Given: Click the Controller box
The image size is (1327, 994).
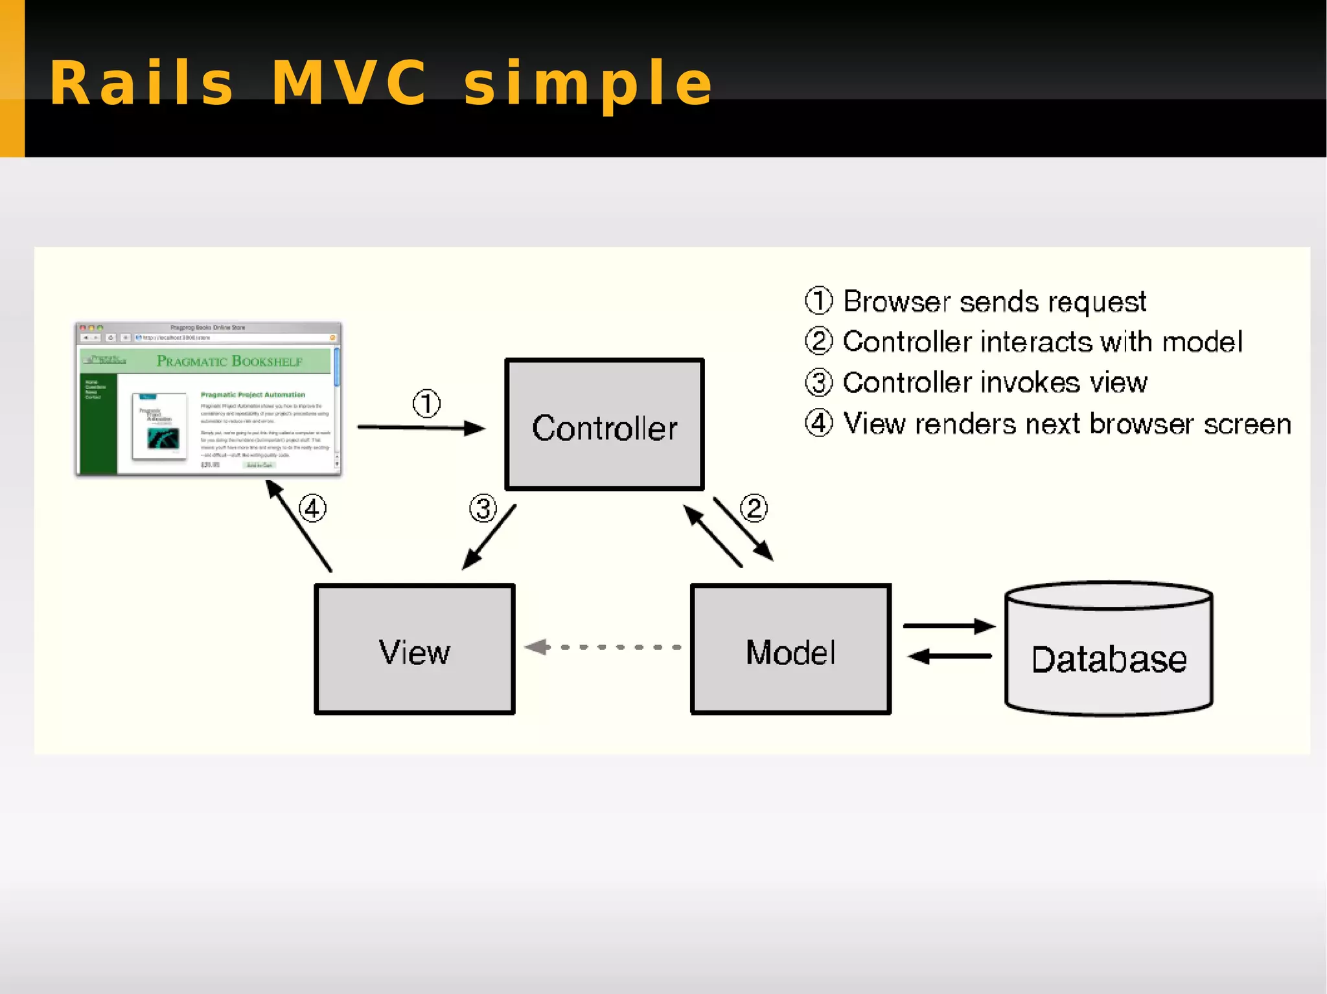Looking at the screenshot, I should (604, 424).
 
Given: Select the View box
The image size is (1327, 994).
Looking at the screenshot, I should (414, 649).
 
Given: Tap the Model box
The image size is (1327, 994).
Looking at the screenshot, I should (790, 649).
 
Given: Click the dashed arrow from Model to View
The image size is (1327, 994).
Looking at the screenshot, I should (603, 647).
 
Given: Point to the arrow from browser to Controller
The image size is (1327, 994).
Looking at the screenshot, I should (421, 427).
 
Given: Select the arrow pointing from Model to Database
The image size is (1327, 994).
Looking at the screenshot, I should (949, 626).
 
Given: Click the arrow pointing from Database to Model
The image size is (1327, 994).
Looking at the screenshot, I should (949, 657).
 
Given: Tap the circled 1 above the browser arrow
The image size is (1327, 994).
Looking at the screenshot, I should (426, 403).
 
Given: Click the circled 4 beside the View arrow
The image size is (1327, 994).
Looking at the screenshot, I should (312, 508).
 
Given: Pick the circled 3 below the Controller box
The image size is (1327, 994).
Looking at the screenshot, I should (483, 508).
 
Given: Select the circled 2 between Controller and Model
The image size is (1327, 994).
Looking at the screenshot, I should (754, 508).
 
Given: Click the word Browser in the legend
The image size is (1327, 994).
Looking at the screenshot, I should (897, 302).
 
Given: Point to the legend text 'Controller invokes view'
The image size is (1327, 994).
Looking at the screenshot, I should (995, 383).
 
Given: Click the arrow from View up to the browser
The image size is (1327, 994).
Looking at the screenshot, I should (299, 526).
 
